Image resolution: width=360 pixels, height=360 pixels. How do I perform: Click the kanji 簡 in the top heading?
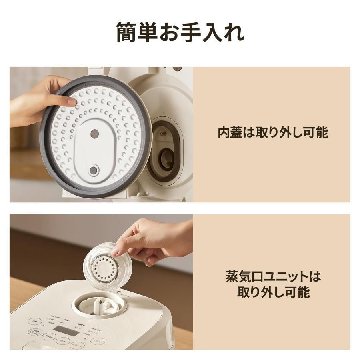coord(127,32)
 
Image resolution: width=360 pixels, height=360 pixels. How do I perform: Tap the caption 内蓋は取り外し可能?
coord(273,132)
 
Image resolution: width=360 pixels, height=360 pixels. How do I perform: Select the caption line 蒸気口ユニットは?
coord(273,276)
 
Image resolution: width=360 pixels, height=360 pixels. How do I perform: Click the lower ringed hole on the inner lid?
coord(94,170)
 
